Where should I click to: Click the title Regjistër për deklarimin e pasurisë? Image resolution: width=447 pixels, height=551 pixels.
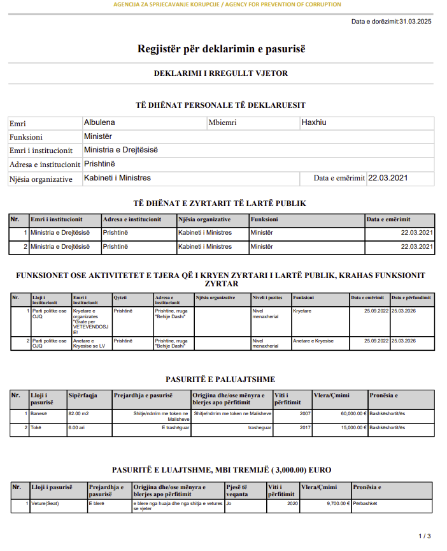(222, 48)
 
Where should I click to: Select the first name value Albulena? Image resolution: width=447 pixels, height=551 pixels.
(99, 122)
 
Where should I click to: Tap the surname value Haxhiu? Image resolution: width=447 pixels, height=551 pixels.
(314, 122)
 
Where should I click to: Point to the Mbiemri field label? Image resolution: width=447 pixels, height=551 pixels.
(222, 123)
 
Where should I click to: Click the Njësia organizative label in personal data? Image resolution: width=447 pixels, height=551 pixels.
(41, 179)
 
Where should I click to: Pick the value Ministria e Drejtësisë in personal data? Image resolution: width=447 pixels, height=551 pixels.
(121, 151)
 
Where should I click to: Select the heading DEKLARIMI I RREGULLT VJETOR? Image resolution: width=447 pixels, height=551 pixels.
(221, 73)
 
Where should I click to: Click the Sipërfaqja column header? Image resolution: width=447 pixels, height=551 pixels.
(83, 396)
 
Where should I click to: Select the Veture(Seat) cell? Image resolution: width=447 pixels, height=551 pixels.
(45, 503)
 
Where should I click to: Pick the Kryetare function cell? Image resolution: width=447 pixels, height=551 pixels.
(302, 311)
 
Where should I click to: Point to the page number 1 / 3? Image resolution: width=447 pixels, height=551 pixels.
(425, 536)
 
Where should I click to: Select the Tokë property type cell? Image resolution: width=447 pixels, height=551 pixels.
(36, 427)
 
